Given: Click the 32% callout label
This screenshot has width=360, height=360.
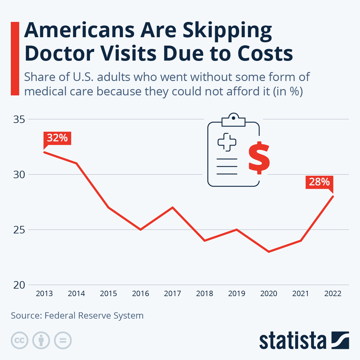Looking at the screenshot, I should (x=57, y=138).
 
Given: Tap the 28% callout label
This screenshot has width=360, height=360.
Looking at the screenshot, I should (x=319, y=182).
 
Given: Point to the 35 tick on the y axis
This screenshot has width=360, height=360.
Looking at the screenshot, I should (x=19, y=119).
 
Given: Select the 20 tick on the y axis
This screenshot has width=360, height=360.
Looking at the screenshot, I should (x=19, y=285).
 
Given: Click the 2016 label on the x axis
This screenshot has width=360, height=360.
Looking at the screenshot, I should (x=140, y=293).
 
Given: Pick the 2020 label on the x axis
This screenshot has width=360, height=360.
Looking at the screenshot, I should (x=268, y=293).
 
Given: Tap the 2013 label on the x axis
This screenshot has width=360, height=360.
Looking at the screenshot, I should (x=44, y=293).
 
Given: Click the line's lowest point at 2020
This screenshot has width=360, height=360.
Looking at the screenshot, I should (x=268, y=252).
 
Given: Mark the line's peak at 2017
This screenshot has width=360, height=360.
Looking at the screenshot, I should (x=172, y=207).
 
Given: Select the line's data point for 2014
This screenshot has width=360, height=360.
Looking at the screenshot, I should (x=76, y=163).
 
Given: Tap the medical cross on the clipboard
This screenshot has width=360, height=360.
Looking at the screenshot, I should (x=227, y=142).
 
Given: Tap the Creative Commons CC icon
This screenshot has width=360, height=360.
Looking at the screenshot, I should (x=19, y=340).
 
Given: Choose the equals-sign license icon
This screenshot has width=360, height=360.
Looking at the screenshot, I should (x=63, y=340).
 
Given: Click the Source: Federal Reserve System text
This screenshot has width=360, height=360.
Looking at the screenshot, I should (x=77, y=316).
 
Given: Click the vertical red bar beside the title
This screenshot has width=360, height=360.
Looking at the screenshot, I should (x=15, y=58).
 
